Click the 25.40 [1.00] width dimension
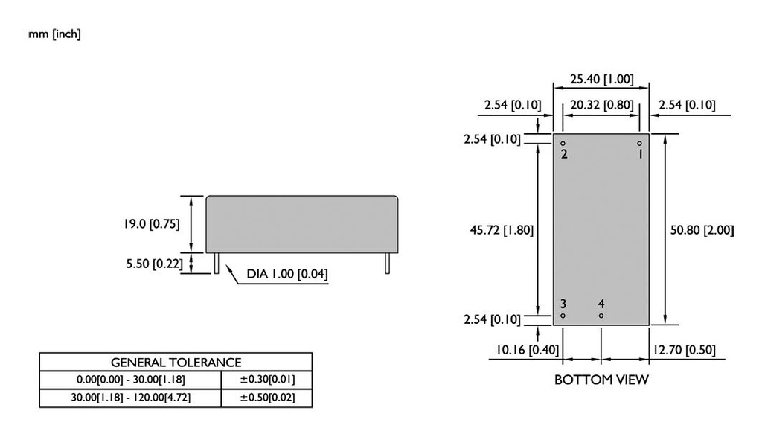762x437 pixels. [601, 79]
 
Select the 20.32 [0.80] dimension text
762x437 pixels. [601, 105]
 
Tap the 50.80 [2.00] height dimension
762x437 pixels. [702, 230]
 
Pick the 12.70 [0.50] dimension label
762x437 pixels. [685, 350]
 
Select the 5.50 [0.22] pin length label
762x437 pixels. [153, 264]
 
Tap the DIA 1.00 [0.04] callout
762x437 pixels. [288, 275]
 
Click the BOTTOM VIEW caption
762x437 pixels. [601, 380]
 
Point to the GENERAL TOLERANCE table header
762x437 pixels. [176, 363]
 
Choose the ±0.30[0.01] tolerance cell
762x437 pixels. [267, 380]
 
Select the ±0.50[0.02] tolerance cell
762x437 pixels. [267, 398]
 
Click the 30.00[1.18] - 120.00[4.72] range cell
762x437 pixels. [131, 398]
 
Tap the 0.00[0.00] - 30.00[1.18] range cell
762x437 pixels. [131, 380]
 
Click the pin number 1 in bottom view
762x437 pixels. [639, 154]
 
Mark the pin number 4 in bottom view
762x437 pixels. [601, 304]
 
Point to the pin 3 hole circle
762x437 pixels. [563, 316]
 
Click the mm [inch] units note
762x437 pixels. [54, 35]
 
